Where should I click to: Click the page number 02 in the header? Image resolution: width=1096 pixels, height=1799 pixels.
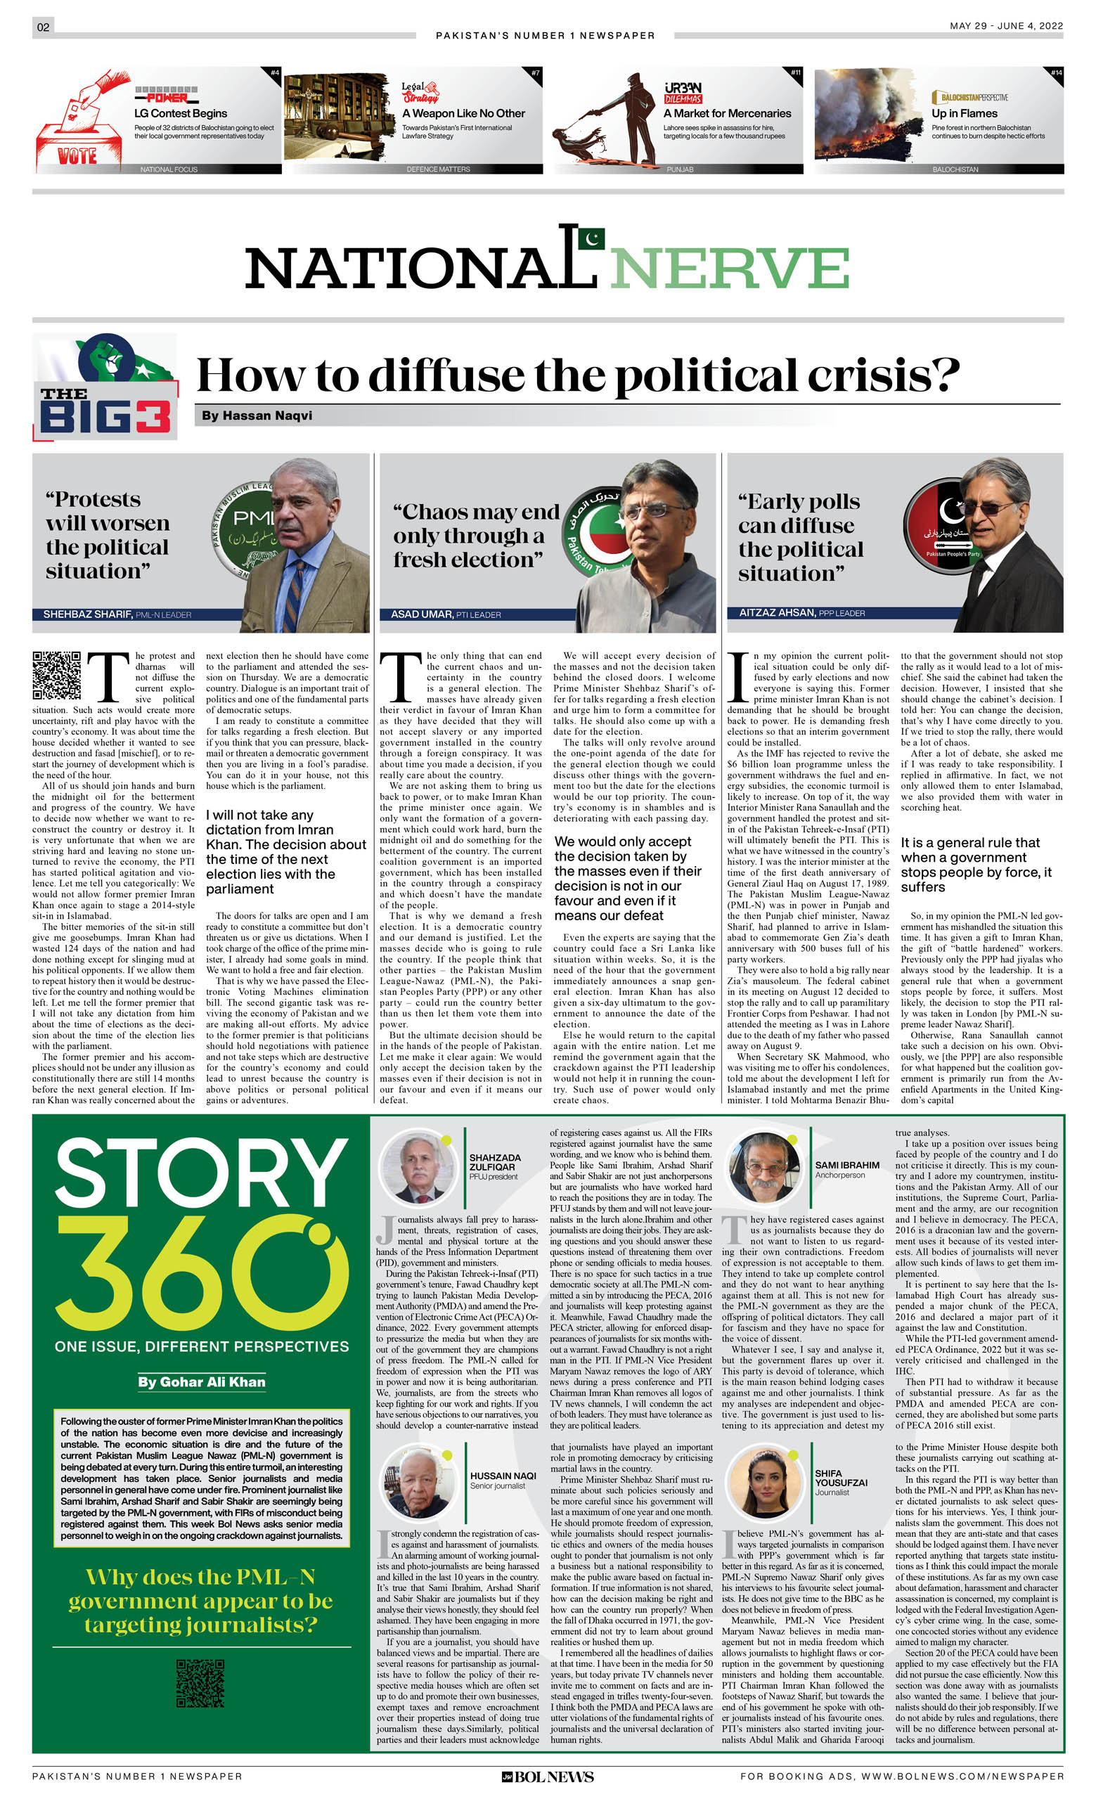(43, 27)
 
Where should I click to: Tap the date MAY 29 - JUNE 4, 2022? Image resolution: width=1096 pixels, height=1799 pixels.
(1005, 25)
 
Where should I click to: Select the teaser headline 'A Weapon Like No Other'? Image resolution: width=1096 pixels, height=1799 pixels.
(463, 113)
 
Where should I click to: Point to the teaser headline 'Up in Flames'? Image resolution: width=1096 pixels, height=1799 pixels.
(964, 113)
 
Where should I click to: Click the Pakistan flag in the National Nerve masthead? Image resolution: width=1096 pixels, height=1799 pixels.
(591, 238)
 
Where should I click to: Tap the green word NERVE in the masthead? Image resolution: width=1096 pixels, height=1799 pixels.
(730, 269)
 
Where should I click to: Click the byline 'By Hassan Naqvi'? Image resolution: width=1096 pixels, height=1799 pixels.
(257, 415)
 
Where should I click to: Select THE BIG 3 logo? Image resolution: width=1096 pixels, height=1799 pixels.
(105, 387)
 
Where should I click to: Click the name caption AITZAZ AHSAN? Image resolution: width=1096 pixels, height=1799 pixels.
(777, 612)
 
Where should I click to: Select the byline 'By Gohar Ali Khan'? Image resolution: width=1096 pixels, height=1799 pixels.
(202, 1381)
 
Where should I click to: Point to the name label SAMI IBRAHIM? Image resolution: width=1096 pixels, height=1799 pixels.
(847, 1166)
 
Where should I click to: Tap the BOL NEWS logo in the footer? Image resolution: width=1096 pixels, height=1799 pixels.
(548, 1777)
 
